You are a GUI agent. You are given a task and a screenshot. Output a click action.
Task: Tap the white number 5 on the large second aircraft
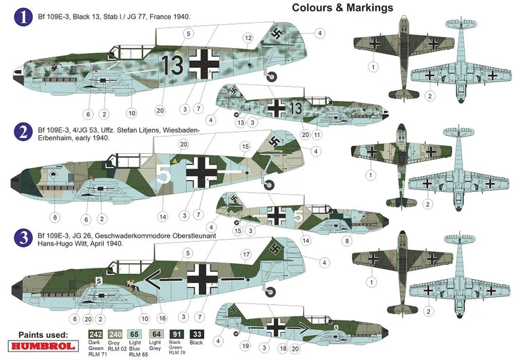162,172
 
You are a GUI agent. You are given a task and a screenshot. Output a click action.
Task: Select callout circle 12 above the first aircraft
247,37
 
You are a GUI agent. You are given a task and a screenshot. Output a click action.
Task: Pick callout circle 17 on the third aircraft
245,253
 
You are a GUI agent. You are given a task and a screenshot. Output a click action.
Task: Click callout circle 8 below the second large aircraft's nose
54,216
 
